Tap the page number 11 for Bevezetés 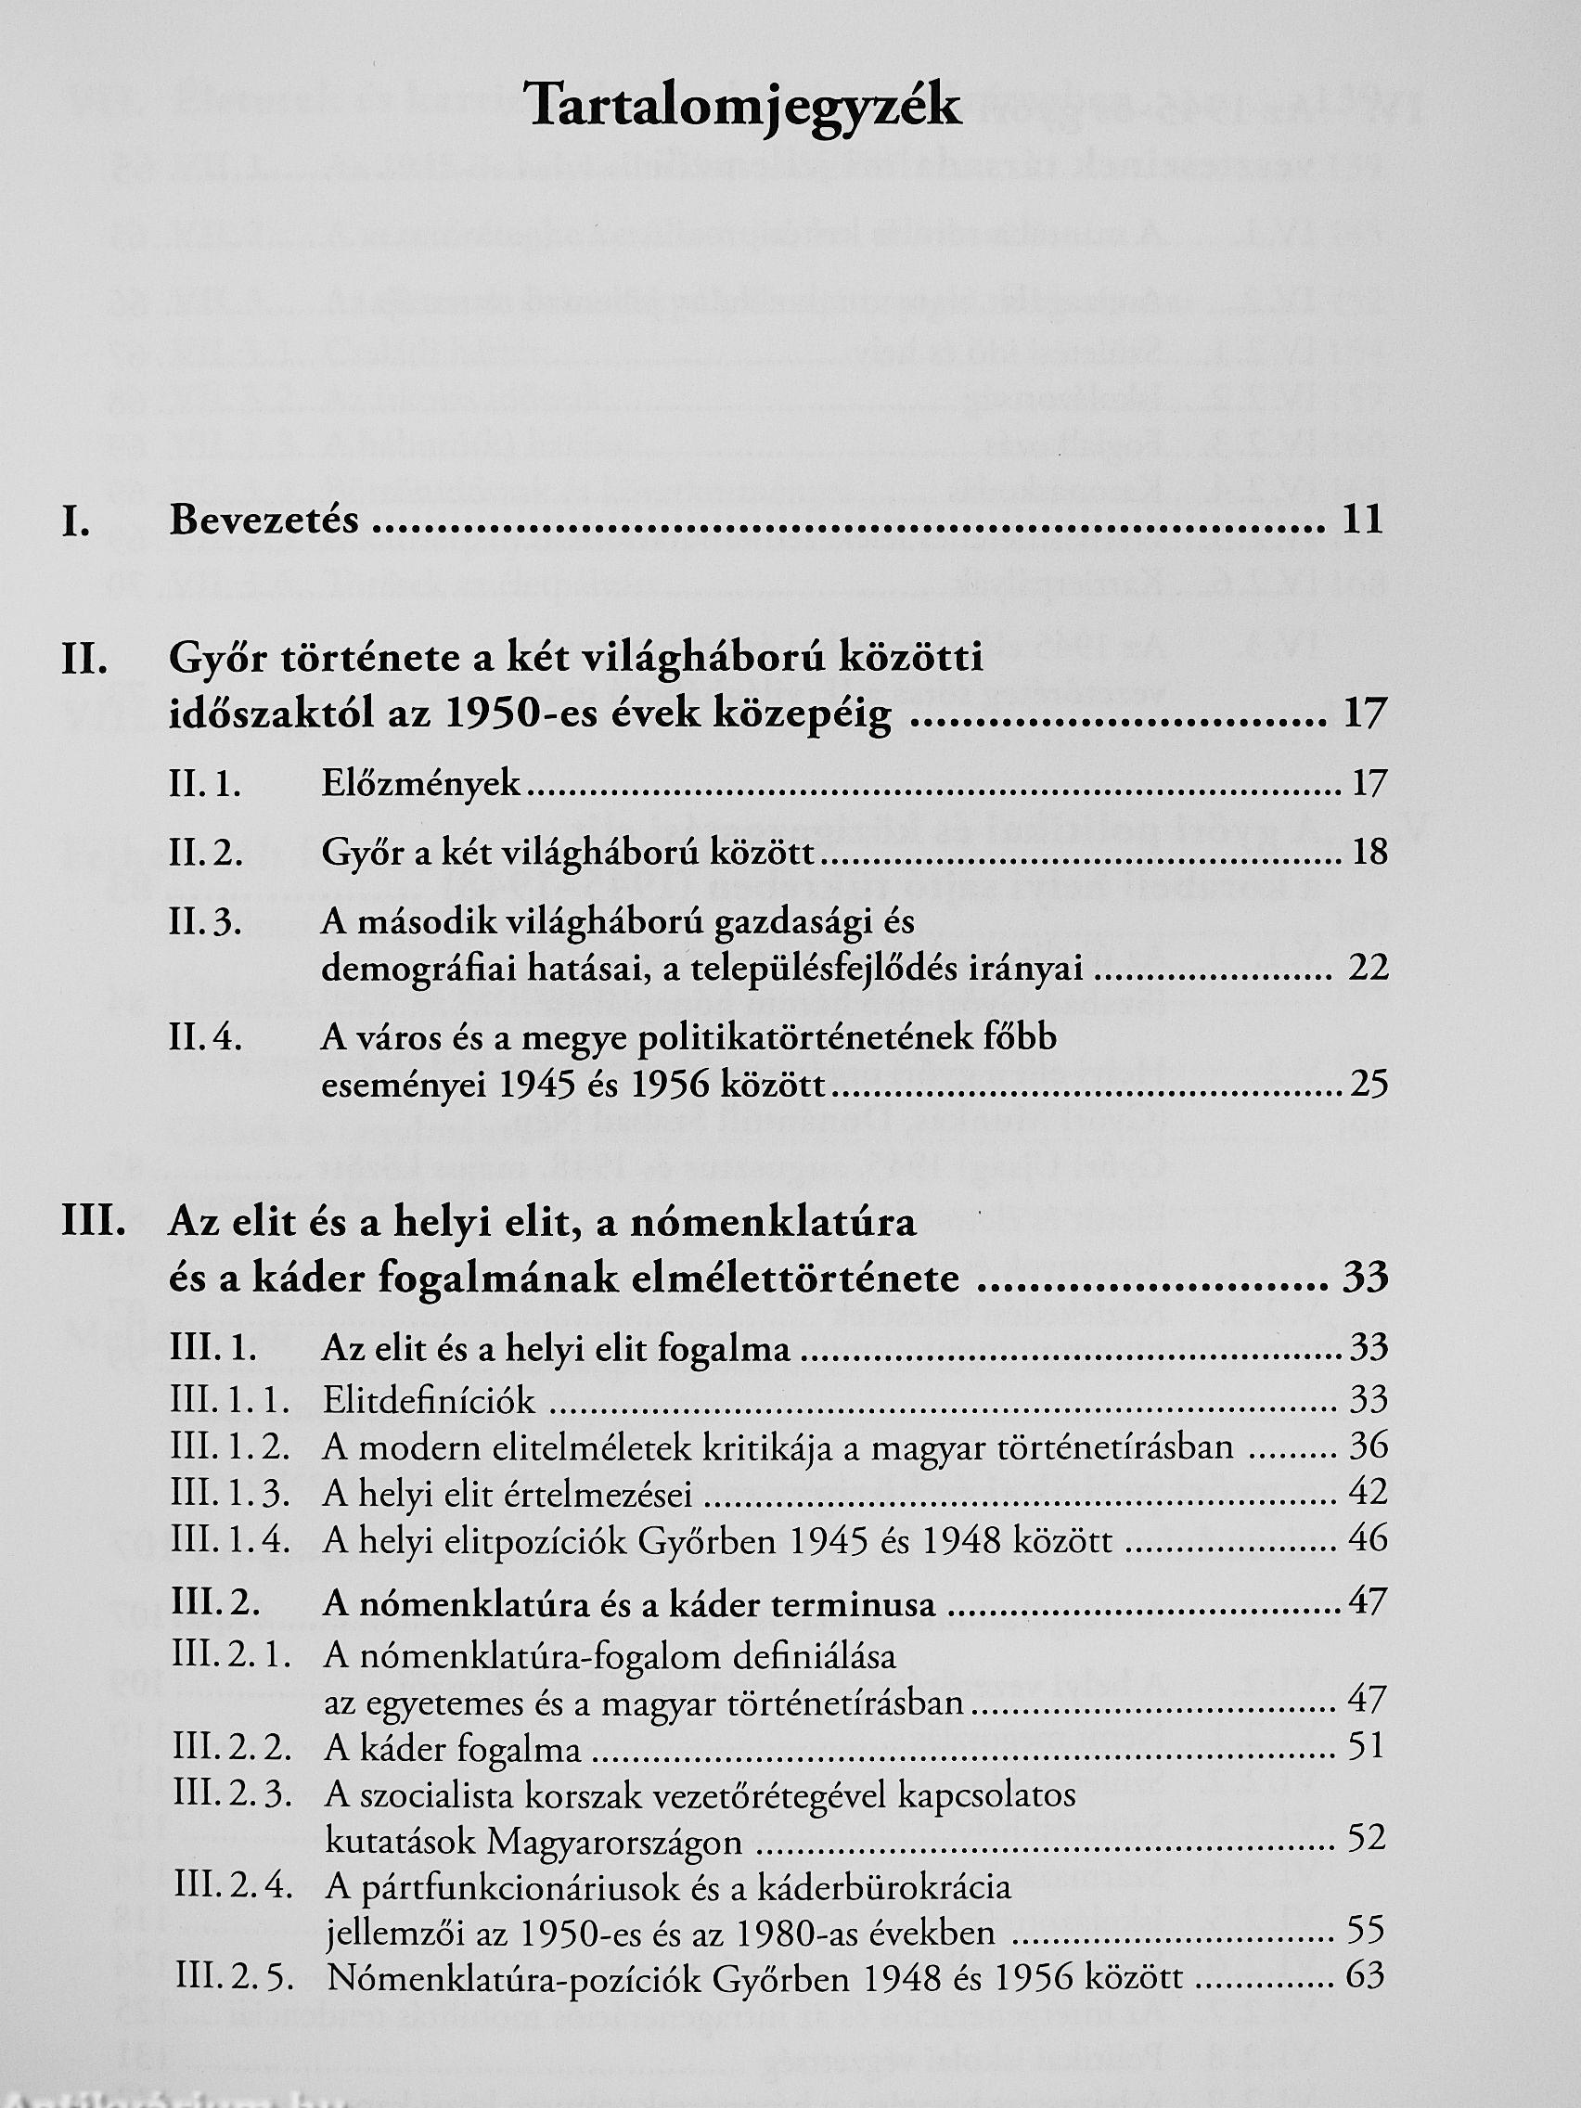pos(1361,521)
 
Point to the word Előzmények pos(421,784)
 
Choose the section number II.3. pos(205,923)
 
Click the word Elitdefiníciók pos(429,1401)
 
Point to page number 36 pos(1369,1447)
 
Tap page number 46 pos(1369,1540)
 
